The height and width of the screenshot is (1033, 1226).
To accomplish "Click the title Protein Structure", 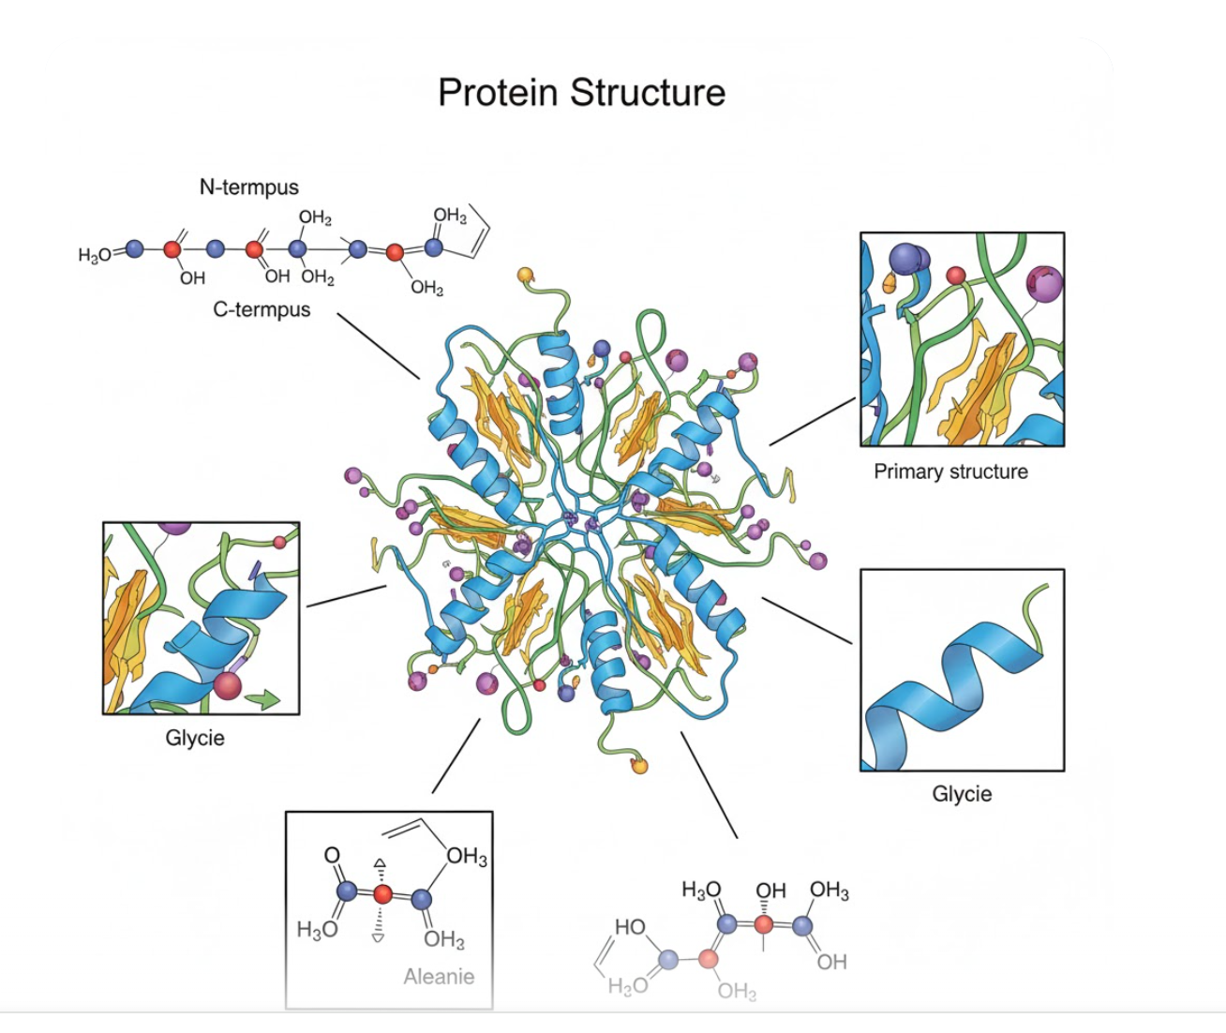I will pos(581,93).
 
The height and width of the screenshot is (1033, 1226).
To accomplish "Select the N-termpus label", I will pos(248,187).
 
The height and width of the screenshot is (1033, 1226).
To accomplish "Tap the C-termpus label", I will pos(262,309).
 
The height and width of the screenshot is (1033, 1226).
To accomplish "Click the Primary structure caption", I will pos(950,472).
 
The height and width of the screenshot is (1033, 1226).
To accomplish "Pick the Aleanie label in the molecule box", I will pos(439,977).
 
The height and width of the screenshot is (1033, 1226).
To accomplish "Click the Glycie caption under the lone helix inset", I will pos(962,794).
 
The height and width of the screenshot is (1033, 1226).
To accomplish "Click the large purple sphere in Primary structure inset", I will pos(1044,281).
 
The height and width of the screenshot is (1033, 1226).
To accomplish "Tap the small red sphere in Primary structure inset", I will pos(955,276).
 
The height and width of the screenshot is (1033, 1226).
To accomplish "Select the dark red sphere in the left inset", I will pos(228,685).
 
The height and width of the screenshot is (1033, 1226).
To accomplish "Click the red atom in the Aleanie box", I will pos(382,894).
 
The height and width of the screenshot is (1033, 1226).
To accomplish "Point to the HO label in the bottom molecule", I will pos(630,927).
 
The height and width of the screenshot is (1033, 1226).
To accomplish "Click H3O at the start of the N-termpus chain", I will pos(95,255).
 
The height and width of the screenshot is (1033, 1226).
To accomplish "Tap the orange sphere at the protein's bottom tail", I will pos(639,766).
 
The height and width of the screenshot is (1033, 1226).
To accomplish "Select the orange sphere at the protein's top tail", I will pos(525,275).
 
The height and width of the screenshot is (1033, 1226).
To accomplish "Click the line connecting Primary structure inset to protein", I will pos(812,421).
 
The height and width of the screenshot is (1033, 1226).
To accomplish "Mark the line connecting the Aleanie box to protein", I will pos(456,756).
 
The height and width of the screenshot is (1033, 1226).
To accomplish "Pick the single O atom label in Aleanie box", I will pos(332,855).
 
